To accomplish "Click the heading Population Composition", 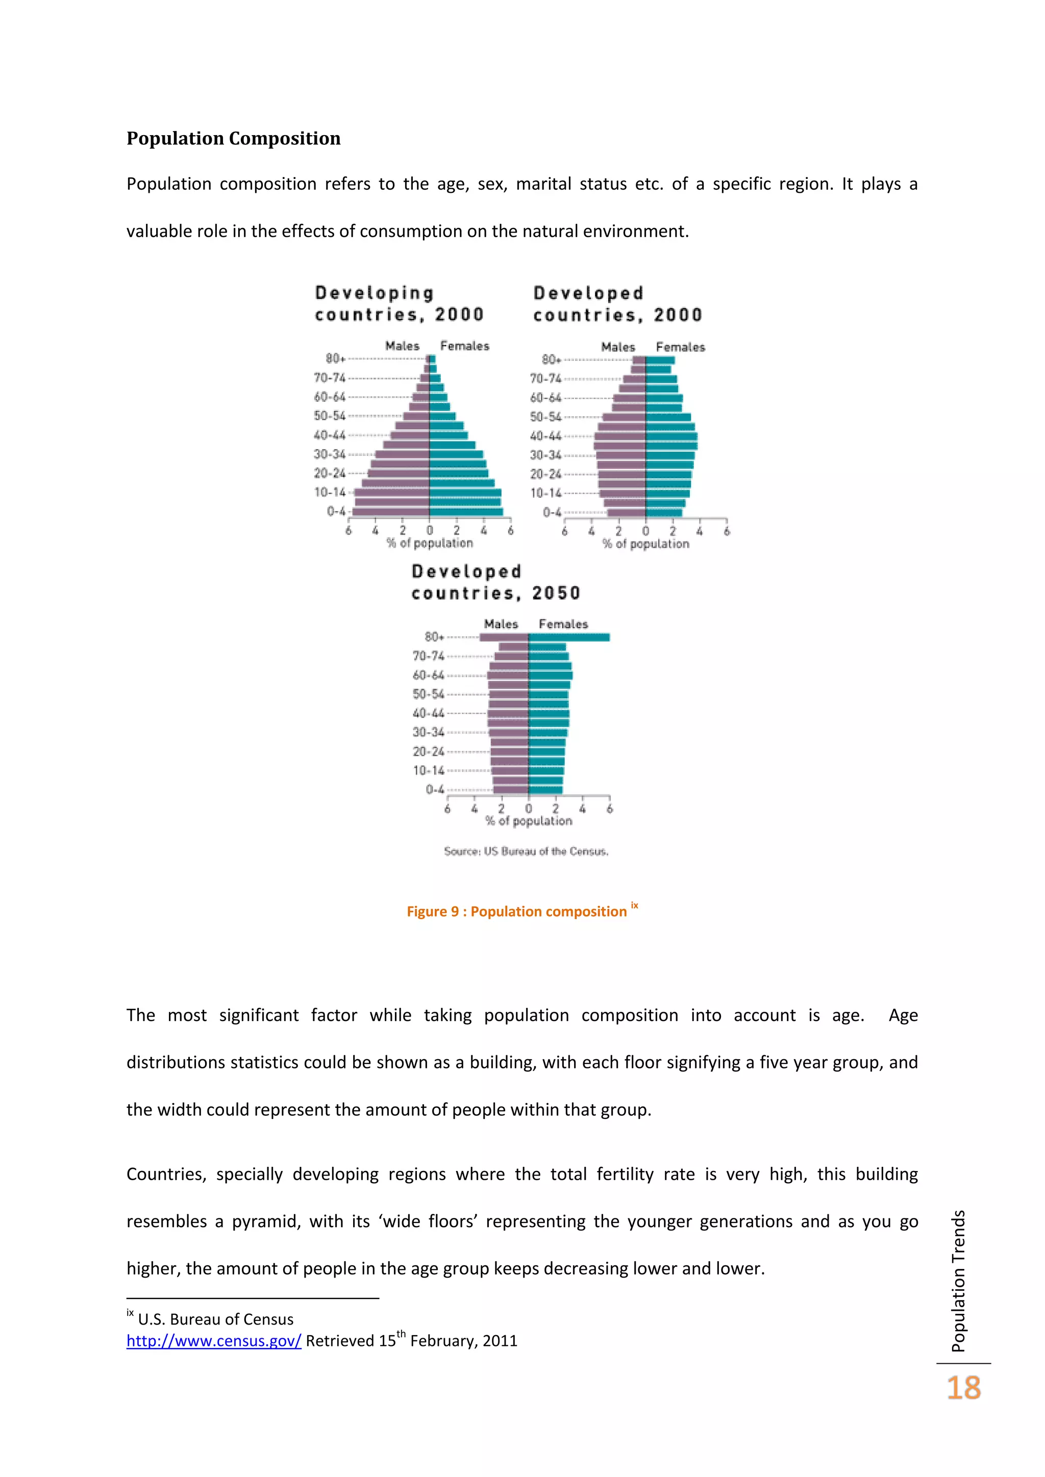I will tap(233, 138).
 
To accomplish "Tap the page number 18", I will tap(963, 1388).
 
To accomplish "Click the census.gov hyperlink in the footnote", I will tap(214, 1341).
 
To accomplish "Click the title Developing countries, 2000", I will tap(399, 303).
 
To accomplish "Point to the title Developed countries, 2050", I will tap(495, 582).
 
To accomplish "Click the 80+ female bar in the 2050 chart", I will tap(569, 638).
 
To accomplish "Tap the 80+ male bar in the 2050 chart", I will tap(504, 638).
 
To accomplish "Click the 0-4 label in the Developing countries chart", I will tap(336, 512).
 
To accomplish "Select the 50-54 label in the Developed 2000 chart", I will tap(545, 417).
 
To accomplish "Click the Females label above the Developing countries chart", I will tap(465, 346).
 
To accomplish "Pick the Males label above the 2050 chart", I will tap(501, 624).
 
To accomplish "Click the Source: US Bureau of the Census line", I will tap(526, 851).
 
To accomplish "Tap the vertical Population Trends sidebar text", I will tap(958, 1280).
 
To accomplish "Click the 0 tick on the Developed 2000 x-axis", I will tap(645, 531).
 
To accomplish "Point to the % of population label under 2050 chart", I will tap(528, 821).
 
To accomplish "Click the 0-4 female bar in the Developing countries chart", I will tap(466, 512).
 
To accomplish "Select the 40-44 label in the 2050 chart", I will tap(428, 714).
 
